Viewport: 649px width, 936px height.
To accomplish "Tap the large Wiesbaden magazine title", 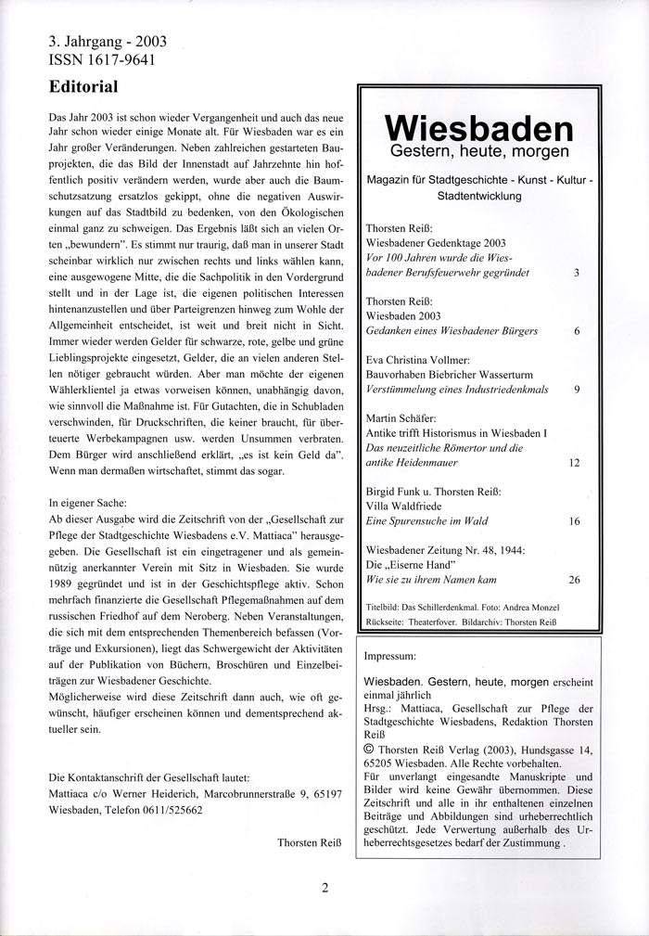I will [x=478, y=126].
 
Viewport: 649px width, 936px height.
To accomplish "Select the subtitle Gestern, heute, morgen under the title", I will [x=478, y=151].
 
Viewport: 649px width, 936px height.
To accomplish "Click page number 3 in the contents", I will [x=576, y=273].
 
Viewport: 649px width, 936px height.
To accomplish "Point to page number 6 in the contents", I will [x=576, y=330].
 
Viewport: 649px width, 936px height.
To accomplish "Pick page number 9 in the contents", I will [x=576, y=389].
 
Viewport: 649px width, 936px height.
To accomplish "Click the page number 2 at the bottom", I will [x=325, y=887].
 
